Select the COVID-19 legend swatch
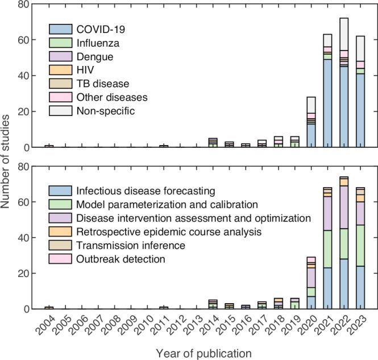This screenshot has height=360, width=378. pos(60,29)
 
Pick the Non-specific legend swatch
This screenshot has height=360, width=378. pos(60,111)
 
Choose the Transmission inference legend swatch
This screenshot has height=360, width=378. pos(60,246)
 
